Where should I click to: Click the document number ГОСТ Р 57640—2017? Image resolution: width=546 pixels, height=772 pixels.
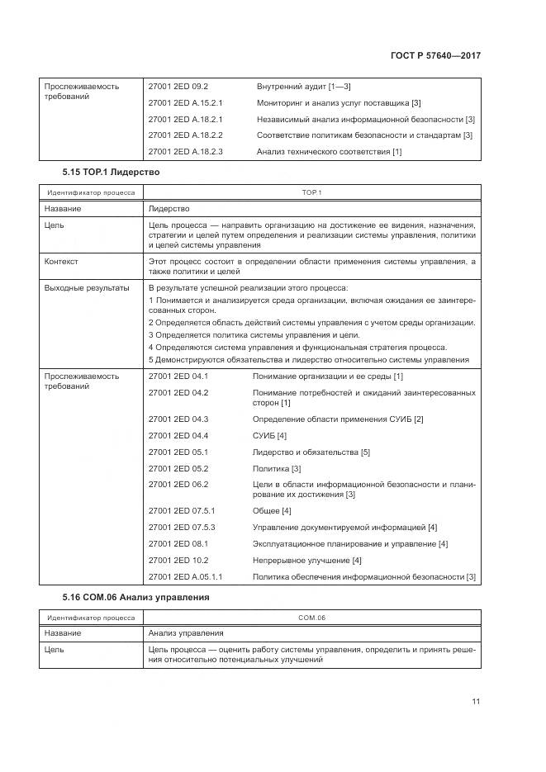coord(435,56)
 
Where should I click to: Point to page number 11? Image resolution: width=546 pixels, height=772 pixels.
coord(476,702)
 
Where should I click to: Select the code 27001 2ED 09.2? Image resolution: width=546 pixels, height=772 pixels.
coord(178,86)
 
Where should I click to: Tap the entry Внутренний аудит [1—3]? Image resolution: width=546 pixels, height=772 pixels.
coord(304,86)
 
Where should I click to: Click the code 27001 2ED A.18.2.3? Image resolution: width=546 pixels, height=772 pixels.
coord(186,151)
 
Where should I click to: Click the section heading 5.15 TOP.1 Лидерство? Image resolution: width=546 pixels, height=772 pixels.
coord(111,172)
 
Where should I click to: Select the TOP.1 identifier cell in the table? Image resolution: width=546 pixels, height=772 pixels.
coord(311,192)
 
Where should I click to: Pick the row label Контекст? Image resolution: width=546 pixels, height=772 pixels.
coord(61,261)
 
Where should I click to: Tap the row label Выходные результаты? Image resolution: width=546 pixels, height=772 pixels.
coord(87,287)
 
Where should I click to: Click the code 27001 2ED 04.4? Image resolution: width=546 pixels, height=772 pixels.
coord(178,435)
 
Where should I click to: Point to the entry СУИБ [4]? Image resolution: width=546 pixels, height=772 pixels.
coord(269,435)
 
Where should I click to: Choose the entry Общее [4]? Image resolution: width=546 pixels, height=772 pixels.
coord(272,510)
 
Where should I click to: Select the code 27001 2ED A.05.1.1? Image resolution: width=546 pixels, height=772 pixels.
coord(186,576)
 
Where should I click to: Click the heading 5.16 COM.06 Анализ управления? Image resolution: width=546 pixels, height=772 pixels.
coord(135,596)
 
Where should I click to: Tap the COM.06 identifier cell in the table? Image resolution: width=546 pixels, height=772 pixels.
coord(311,616)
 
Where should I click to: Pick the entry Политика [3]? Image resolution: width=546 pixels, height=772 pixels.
coord(277,468)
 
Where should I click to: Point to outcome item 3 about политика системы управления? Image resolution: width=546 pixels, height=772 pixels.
coord(254,334)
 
